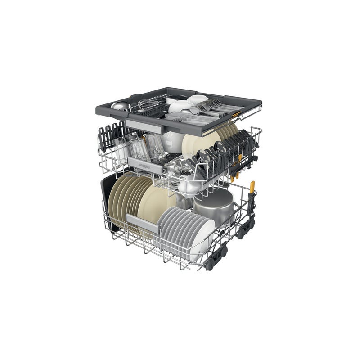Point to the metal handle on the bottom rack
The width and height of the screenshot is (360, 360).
point(143,223)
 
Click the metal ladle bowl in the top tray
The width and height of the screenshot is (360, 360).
point(120,106)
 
